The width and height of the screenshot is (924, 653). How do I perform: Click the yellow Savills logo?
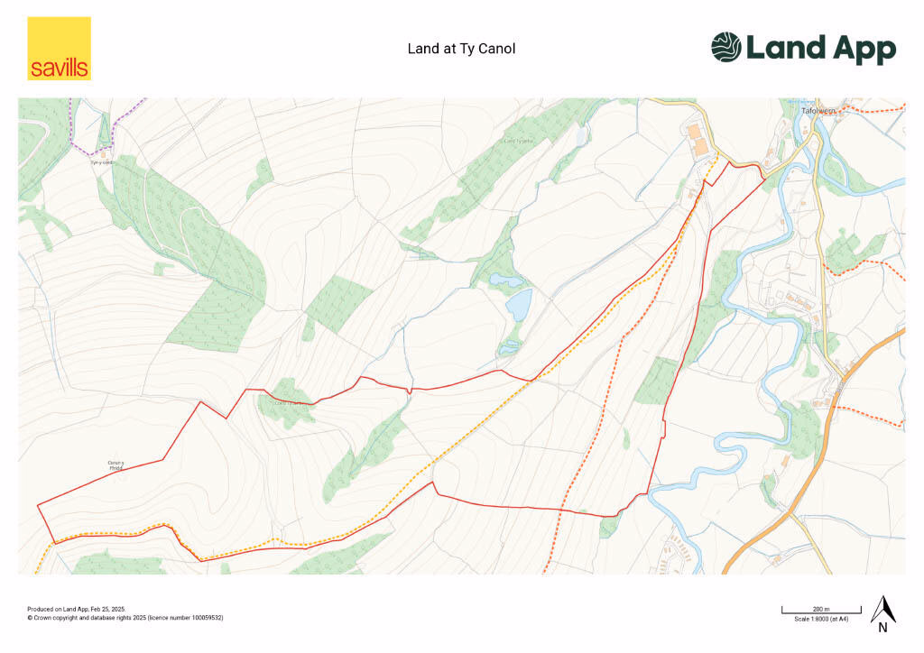[59, 49]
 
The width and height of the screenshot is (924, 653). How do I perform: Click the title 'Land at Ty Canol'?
[461, 49]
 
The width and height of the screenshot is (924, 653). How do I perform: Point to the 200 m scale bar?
[806, 612]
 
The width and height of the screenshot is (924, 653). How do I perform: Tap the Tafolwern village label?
[819, 111]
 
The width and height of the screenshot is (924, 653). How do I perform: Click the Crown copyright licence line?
[125, 618]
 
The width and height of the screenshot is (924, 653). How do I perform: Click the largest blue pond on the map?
[518, 305]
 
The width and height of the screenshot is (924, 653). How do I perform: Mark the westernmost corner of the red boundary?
[38, 505]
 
